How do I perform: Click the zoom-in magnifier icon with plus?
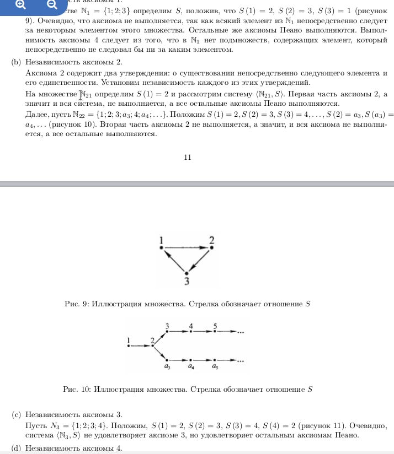coord(20,5)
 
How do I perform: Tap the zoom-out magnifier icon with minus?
coord(51,5)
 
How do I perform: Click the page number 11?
coord(187,157)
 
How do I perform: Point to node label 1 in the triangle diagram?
coord(161,240)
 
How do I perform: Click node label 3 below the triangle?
coord(187,282)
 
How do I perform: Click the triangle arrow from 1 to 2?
coord(186,248)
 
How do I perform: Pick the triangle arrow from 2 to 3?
coord(199,260)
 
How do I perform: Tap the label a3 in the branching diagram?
coord(167,366)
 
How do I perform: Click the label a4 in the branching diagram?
coord(191,366)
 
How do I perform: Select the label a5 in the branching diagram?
coord(215,366)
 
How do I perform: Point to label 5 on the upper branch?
coord(215,326)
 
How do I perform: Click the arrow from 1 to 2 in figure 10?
coord(140,346)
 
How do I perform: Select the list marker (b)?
coord(16,62)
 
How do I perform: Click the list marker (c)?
coord(16,414)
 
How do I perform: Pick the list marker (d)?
coord(16,447)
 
